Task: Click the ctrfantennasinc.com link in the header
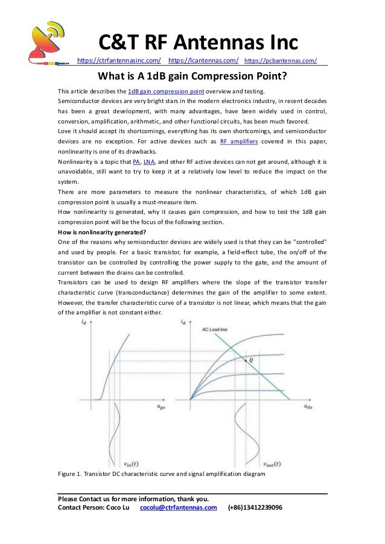(119, 60)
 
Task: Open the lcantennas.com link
(203, 60)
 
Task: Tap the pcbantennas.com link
(281, 60)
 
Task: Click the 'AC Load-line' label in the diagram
(215, 331)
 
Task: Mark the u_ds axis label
(308, 408)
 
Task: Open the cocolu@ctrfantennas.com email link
(178, 508)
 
